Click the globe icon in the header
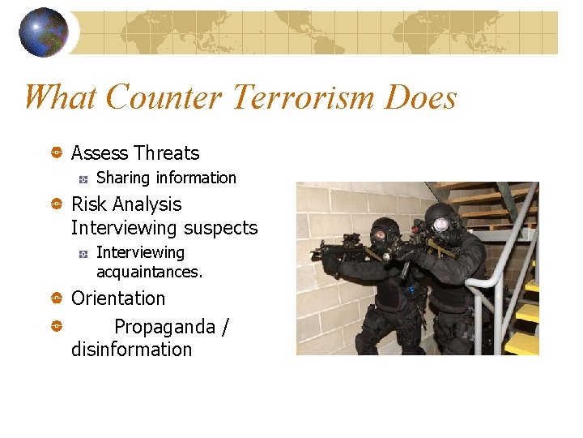click(x=43, y=32)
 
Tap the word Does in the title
click(x=422, y=98)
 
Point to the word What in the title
click(x=60, y=98)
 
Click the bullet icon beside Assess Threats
click(x=57, y=152)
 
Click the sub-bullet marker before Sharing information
click(x=83, y=178)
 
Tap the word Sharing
click(x=123, y=178)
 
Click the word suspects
click(x=220, y=229)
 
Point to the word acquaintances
click(x=149, y=273)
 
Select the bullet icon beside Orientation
click(x=57, y=298)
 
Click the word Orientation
click(x=118, y=298)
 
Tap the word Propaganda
click(x=165, y=327)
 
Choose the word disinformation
click(x=131, y=350)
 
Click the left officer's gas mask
click(x=379, y=236)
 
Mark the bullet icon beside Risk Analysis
click(x=57, y=204)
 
